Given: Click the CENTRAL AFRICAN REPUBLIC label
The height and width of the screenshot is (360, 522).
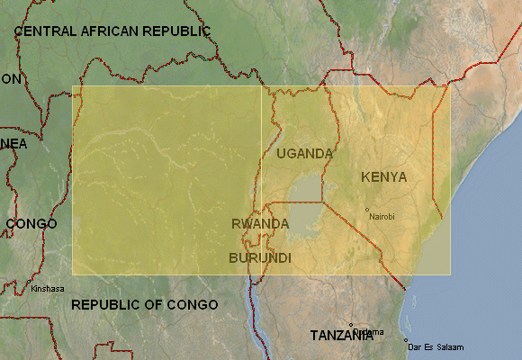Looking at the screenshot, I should (112, 31).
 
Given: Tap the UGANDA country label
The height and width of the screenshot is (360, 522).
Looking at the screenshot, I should (305, 154).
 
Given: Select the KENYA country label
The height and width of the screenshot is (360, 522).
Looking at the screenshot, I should (383, 177).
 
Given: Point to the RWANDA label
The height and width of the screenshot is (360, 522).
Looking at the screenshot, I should (260, 224).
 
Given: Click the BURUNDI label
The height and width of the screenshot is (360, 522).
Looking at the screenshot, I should (260, 258).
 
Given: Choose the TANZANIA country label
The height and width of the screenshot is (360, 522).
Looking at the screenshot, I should (341, 336).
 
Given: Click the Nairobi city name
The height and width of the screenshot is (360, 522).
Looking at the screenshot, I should (382, 217).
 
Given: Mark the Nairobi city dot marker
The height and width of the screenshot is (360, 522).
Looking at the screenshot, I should (367, 211).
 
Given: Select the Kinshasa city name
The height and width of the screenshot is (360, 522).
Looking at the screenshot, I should (48, 289).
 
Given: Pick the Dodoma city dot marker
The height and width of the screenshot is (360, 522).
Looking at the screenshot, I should (351, 326).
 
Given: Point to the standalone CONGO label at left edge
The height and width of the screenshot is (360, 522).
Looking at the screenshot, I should (31, 224).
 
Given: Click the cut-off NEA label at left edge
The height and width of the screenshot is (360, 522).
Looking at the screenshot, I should (13, 144).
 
